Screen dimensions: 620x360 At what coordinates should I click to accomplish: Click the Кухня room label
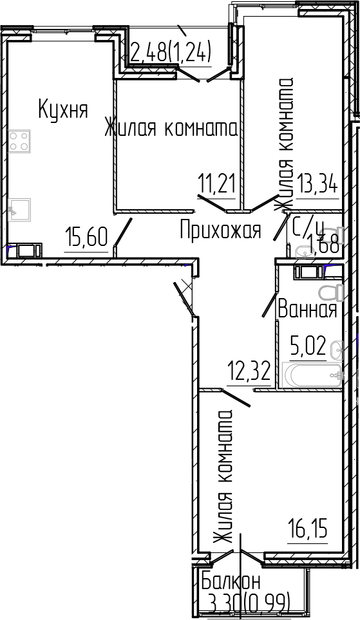(62, 109)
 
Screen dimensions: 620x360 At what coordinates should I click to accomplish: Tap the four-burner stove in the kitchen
(20, 141)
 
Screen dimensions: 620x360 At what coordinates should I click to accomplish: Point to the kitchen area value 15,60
(86, 238)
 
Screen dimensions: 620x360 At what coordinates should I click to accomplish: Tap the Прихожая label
(220, 230)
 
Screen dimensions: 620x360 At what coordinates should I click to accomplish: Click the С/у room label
(307, 227)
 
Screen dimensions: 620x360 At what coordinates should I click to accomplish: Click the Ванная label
(307, 310)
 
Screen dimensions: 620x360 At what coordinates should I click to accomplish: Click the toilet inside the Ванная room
(331, 292)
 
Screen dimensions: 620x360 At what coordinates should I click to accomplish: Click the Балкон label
(231, 581)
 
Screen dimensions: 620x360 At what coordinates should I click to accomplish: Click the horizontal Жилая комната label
(171, 129)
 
